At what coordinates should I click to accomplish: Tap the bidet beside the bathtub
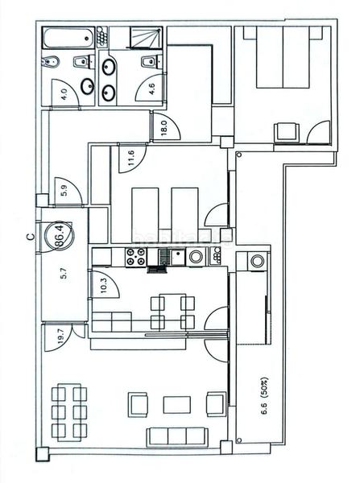coord(51,63)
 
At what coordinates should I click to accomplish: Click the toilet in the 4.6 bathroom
coord(147,63)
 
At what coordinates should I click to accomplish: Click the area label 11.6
coord(131,153)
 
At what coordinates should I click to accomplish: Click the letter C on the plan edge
coord(28,236)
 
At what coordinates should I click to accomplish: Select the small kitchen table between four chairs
coord(173,313)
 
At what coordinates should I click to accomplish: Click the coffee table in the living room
coord(176,405)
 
